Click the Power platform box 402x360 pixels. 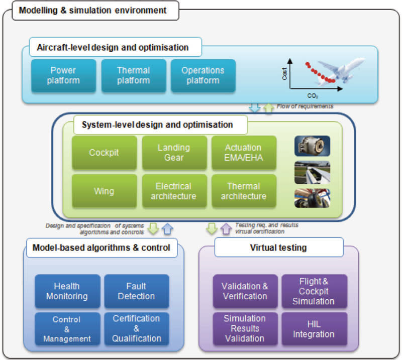pyautogui.click(x=64, y=75)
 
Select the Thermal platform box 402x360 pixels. pyautogui.click(x=134, y=75)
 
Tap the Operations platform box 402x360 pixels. pyautogui.click(x=203, y=75)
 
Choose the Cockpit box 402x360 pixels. pyautogui.click(x=104, y=153)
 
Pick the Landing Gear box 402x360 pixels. pyautogui.click(x=174, y=153)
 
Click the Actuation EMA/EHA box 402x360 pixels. pyautogui.click(x=244, y=153)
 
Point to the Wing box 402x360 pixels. pyautogui.click(x=104, y=191)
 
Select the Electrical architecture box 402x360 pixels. pyautogui.click(x=174, y=191)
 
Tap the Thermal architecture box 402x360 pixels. pyautogui.click(x=244, y=191)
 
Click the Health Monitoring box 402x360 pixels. pyautogui.click(x=67, y=291)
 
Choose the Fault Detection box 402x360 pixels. pyautogui.click(x=137, y=291)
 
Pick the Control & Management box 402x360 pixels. pyautogui.click(x=67, y=329)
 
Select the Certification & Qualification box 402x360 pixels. pyautogui.click(x=137, y=329)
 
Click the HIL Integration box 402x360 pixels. pyautogui.click(x=315, y=329)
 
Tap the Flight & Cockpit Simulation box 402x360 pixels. pyautogui.click(x=315, y=291)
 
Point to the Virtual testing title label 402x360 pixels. pyautogui.click(x=279, y=247)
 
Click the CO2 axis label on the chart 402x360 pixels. pyautogui.click(x=313, y=96)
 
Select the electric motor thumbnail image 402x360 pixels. pyautogui.click(x=312, y=146)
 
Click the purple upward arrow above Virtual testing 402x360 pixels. pyautogui.click(x=226, y=228)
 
